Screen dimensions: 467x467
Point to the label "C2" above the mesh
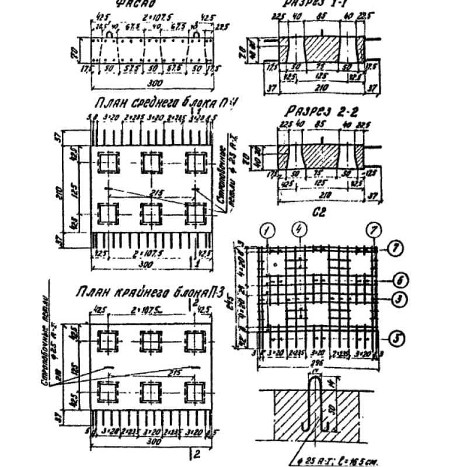[319, 214]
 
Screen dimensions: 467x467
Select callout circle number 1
[269, 231]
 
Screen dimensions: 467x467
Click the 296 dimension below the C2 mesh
[318, 361]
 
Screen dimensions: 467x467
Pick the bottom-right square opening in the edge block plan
[194, 390]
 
